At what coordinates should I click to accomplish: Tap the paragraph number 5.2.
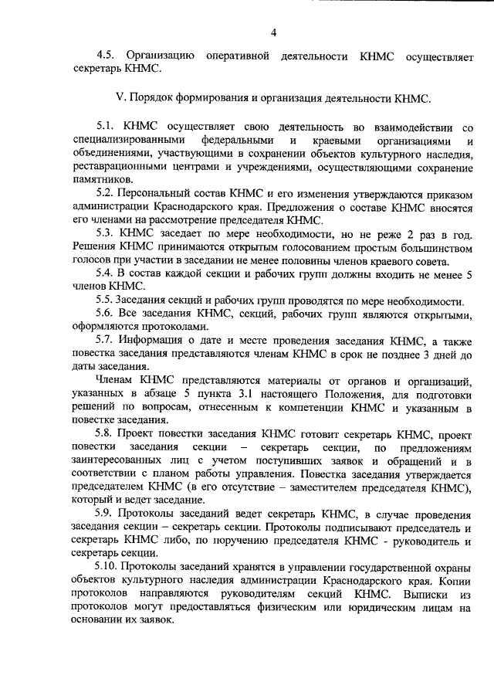click(x=107, y=196)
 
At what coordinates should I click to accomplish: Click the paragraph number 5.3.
click(x=107, y=237)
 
